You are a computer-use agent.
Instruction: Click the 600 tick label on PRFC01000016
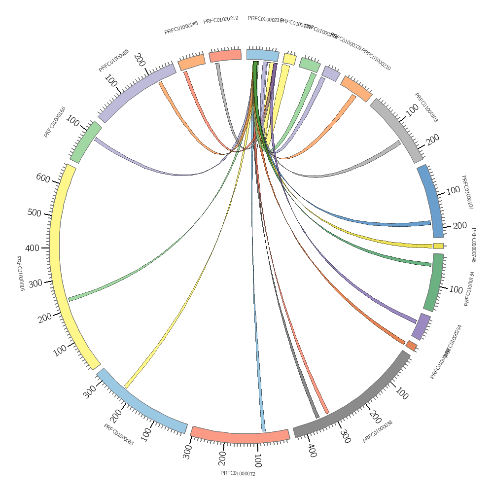(43, 178)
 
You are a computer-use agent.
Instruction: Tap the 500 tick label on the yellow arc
(35, 213)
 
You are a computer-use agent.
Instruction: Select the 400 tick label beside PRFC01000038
(312, 450)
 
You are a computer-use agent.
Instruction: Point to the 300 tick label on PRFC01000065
(90, 392)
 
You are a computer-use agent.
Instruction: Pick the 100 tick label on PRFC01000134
(456, 289)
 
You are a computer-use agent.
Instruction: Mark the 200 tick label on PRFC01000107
(459, 226)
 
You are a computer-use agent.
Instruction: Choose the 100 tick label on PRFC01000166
(73, 121)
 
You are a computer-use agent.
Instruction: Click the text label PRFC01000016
(20, 273)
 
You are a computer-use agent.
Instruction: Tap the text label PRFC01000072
(238, 473)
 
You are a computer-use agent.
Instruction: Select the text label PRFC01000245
(181, 28)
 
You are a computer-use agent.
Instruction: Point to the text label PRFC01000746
(474, 245)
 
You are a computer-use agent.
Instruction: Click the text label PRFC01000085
(114, 60)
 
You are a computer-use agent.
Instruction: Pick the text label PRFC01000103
(426, 107)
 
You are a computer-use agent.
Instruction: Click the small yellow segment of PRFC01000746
(438, 246)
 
